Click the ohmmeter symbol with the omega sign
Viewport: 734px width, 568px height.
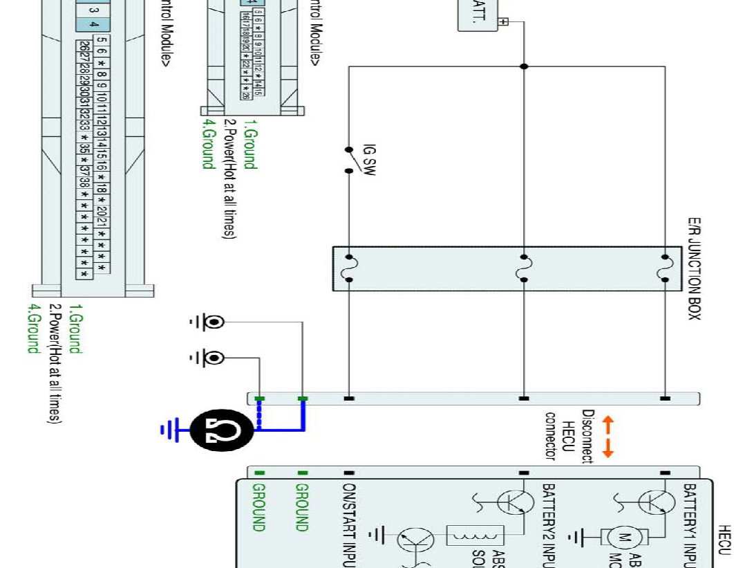click(223, 430)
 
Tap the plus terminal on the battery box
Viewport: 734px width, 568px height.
click(502, 22)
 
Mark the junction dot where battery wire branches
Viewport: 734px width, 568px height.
click(524, 66)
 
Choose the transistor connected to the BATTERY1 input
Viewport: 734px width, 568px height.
click(650, 502)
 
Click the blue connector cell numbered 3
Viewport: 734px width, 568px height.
click(93, 10)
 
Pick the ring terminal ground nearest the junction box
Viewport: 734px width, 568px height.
click(215, 322)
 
